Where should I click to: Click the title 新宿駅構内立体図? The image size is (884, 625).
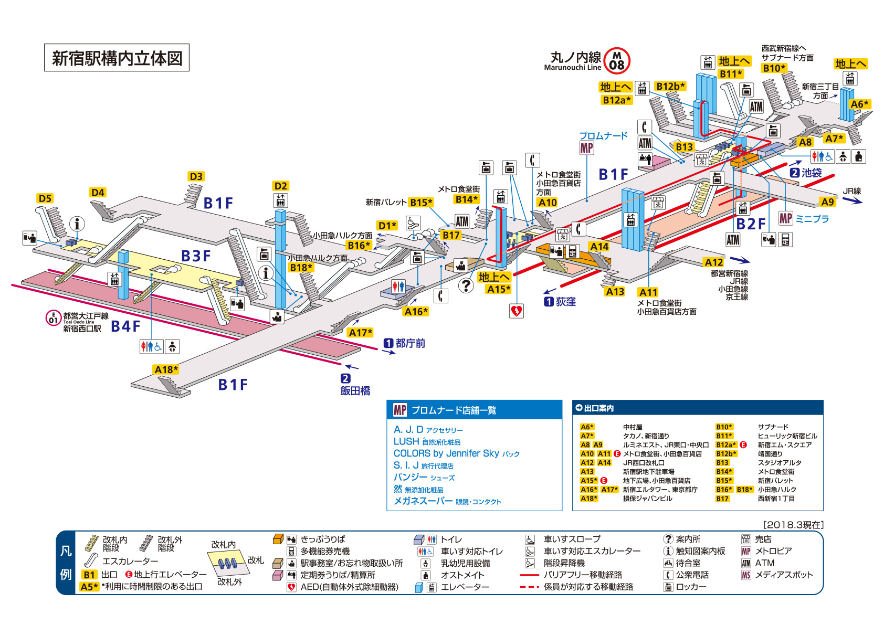click(117, 58)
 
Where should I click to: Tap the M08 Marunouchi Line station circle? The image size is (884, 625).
click(617, 61)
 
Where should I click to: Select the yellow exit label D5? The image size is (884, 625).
click(45, 198)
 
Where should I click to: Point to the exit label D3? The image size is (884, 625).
click(196, 176)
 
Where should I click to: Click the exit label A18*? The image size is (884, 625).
click(166, 370)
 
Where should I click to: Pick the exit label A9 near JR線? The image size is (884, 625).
click(827, 202)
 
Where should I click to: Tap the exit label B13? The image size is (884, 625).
click(684, 147)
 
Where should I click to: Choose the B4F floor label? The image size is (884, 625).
click(125, 326)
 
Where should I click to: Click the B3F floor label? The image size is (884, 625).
click(196, 256)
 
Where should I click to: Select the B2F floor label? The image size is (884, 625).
click(751, 224)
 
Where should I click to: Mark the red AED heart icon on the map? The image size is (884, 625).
click(516, 311)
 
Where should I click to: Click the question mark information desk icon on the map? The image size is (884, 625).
click(466, 285)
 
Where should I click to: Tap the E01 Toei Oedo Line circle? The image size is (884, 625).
click(53, 317)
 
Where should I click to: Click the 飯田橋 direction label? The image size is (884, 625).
click(355, 390)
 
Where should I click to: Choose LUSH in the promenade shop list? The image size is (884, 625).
click(406, 441)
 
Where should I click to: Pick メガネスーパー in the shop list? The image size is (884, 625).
click(423, 501)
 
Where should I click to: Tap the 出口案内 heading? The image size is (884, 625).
click(598, 408)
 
